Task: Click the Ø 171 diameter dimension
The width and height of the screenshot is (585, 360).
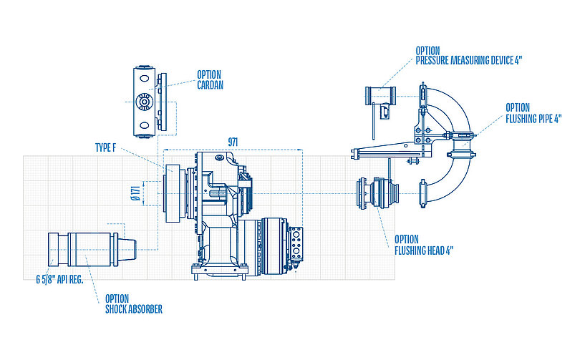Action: coord(135,193)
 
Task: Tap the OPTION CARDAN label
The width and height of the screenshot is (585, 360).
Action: coord(209,79)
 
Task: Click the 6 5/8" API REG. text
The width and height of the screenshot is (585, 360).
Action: coord(60,280)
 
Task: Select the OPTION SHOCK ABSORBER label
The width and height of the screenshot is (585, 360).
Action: coord(133,304)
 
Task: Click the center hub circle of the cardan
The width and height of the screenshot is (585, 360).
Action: coord(145,102)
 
